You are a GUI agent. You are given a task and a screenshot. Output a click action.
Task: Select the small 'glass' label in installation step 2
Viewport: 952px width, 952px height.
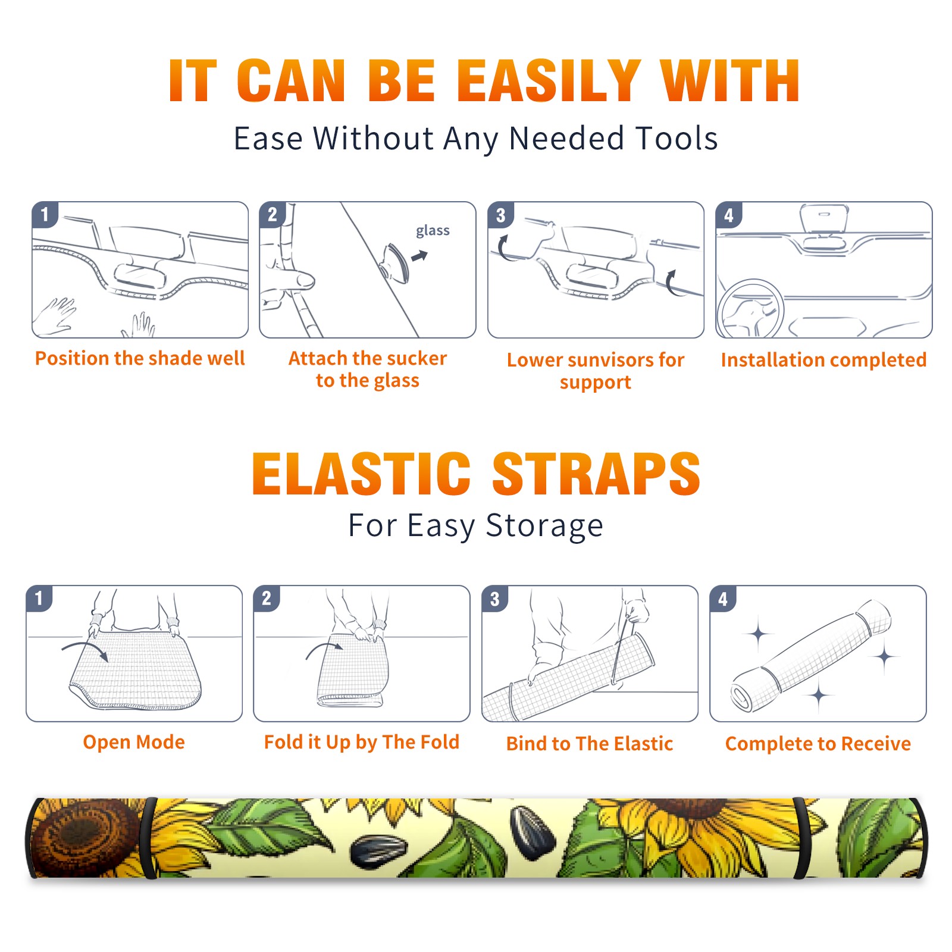[433, 231]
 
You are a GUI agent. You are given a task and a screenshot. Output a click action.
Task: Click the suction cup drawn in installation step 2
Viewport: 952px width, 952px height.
[396, 262]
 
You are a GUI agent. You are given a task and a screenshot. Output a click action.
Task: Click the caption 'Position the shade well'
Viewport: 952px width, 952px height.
[140, 358]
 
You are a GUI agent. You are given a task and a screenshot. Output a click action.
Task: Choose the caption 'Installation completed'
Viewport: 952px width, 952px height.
[823, 360]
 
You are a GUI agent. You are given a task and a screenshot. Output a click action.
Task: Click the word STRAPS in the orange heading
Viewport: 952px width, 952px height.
[596, 474]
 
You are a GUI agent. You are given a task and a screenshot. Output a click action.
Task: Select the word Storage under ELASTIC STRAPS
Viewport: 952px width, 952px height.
[544, 526]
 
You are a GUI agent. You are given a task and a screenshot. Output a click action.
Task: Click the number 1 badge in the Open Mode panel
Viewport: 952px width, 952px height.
[39, 598]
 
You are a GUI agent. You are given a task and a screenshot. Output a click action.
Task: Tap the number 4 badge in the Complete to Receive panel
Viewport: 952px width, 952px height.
[723, 599]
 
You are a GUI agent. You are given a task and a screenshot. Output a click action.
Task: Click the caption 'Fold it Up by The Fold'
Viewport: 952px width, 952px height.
[362, 743]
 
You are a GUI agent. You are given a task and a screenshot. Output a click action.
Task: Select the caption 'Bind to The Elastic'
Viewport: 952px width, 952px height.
[590, 744]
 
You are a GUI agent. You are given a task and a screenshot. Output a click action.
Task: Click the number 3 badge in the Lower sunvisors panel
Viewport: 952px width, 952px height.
[500, 215]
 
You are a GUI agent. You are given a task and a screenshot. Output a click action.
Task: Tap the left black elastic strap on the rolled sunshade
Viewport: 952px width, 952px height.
[148, 838]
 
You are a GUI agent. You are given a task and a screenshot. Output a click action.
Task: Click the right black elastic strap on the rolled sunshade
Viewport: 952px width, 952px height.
[801, 838]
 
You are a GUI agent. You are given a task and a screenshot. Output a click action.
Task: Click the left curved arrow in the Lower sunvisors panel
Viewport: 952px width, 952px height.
[503, 248]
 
